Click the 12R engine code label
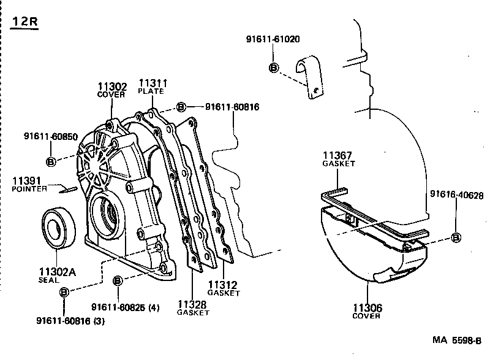point(24,22)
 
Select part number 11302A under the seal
point(53,271)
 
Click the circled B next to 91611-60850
point(51,161)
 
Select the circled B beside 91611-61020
point(274,67)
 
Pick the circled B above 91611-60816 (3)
point(64,293)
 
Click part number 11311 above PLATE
point(153,83)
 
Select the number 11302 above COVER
point(112,87)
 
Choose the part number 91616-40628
point(456,195)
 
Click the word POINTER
point(29,190)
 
